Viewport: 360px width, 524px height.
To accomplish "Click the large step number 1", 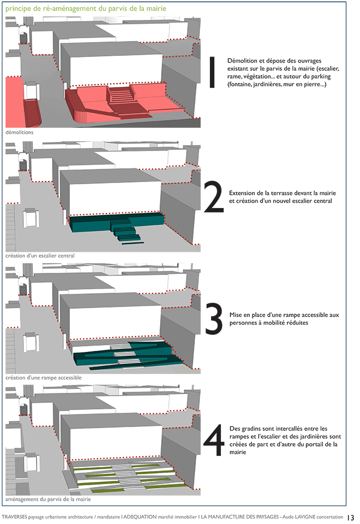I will [211, 72].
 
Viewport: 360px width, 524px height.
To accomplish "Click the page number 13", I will [351, 517].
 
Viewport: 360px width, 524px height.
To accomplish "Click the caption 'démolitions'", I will [19, 133].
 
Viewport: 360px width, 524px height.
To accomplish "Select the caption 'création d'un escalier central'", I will [40, 256].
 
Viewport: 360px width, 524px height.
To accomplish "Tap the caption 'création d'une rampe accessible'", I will [43, 377].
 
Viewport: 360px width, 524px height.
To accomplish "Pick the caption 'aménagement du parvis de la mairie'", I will [48, 499].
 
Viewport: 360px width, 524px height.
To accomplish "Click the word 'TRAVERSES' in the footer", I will [17, 517].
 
